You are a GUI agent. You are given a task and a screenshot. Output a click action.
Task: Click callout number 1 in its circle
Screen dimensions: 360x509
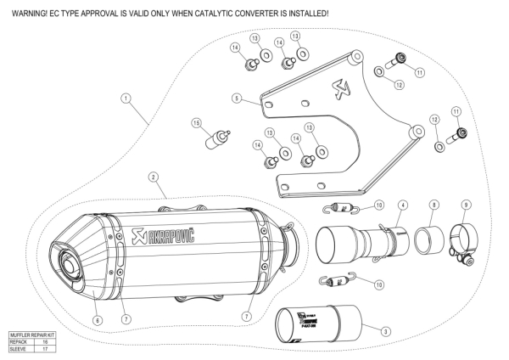126,98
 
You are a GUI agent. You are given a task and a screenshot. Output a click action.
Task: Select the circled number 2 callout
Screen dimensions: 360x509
154,177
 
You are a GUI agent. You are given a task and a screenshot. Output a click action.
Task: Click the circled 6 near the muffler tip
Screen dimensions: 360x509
97,320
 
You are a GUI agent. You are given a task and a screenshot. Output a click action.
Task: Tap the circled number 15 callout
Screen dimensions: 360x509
196,124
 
